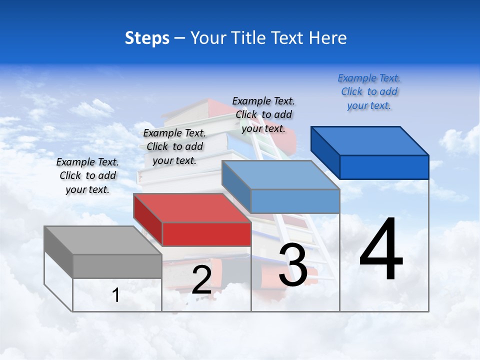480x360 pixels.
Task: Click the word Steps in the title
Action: coord(147,38)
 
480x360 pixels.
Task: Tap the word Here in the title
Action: coord(328,38)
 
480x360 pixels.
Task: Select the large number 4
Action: coord(381,249)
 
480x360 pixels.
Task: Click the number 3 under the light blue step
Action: coord(293,265)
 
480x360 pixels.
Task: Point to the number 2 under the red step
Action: coord(201,280)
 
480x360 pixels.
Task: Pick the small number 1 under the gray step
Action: coord(116,295)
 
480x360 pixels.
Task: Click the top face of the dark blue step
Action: coord(370,140)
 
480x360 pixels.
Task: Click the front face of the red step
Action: coord(206,234)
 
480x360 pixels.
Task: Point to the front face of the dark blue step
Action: coord(384,167)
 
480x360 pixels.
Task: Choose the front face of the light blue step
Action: coord(295,201)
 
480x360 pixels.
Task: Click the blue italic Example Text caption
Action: coord(369,91)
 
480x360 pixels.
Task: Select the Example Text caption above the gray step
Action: coord(87,175)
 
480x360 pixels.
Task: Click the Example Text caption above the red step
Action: coord(174,146)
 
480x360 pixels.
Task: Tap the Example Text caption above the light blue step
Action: coord(263,114)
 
